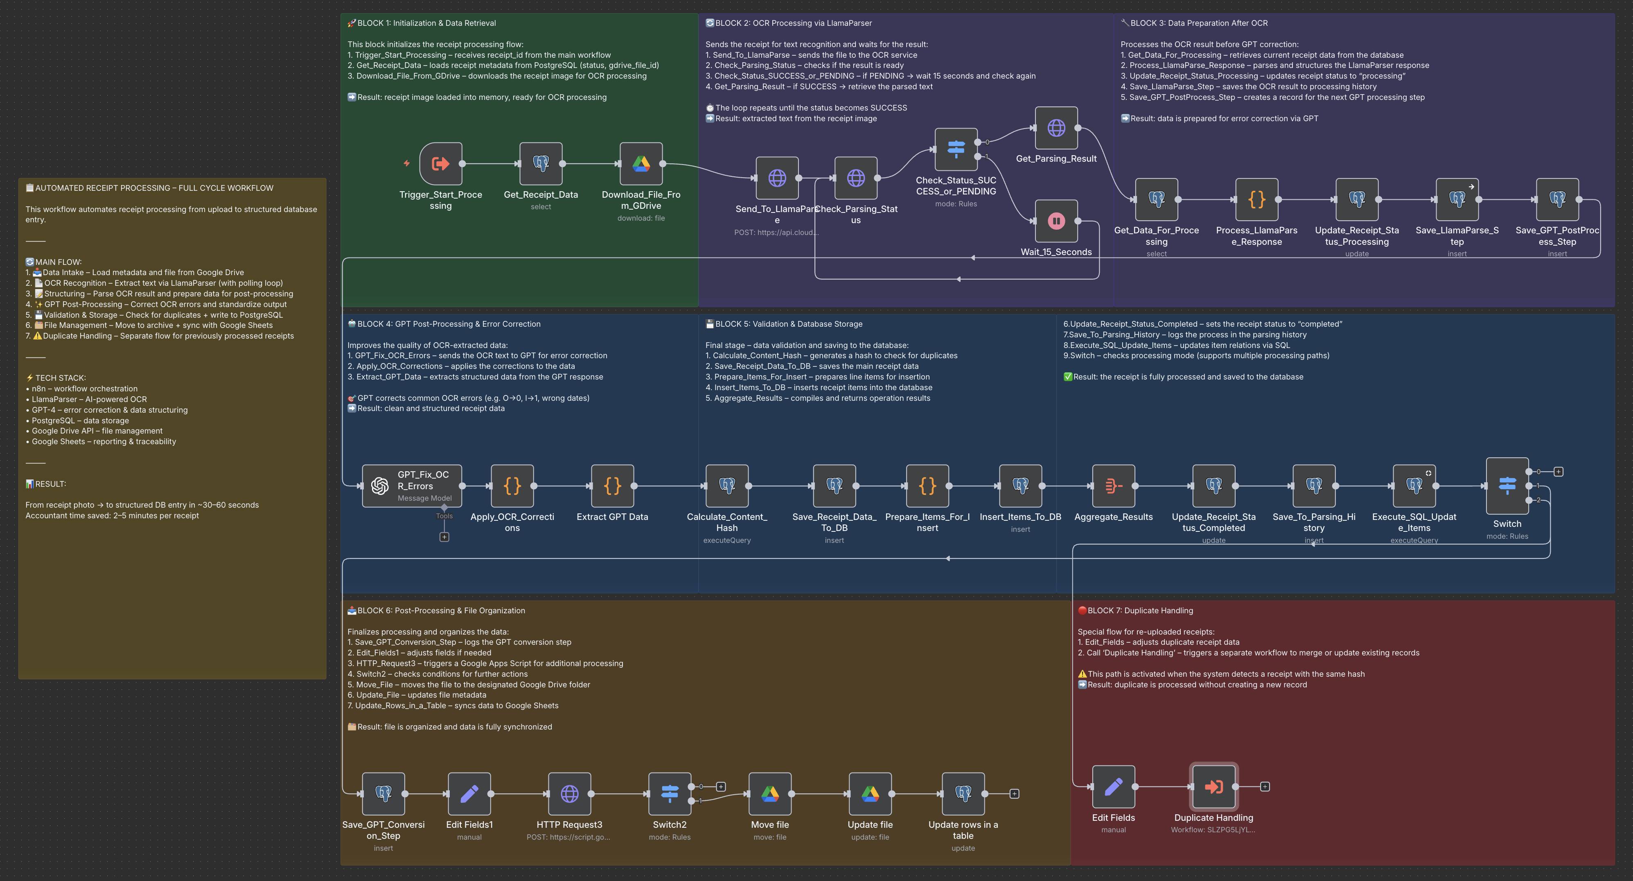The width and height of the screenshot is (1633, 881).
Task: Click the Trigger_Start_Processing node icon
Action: (440, 164)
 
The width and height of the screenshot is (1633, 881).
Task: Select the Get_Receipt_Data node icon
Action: (541, 164)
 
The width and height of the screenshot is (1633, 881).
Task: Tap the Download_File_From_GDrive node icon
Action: (641, 164)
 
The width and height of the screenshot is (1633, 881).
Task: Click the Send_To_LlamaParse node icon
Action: (777, 178)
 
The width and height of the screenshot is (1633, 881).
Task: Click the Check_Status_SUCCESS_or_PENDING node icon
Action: (956, 149)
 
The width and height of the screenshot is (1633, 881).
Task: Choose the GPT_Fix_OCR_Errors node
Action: (412, 486)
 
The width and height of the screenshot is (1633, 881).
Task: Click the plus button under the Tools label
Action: (444, 537)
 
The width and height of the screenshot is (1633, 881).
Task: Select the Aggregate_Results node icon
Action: (1114, 486)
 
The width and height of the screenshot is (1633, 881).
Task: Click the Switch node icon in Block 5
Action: (1507, 486)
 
